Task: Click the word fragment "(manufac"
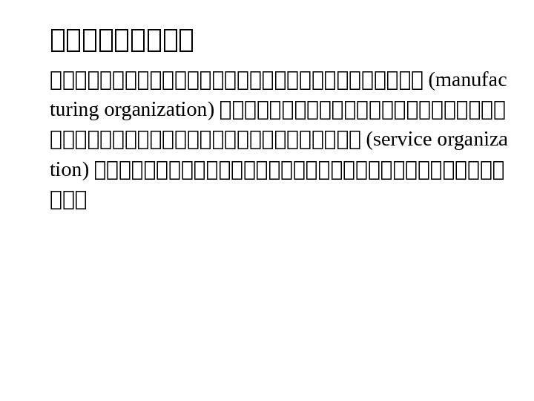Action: point(468,79)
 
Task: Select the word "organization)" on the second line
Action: point(159,110)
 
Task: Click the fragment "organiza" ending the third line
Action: point(472,140)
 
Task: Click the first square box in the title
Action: point(58,40)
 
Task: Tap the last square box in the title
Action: point(185,40)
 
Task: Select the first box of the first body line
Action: point(56,79)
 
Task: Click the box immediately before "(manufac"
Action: point(417,79)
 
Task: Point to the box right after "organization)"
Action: point(227,110)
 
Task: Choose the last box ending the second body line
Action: point(499,110)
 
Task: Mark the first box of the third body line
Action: point(56,140)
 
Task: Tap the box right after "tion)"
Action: point(102,170)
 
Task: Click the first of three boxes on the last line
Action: point(56,200)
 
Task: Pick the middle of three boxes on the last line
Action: point(68,200)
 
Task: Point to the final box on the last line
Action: point(81,200)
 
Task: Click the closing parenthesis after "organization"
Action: point(211,110)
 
